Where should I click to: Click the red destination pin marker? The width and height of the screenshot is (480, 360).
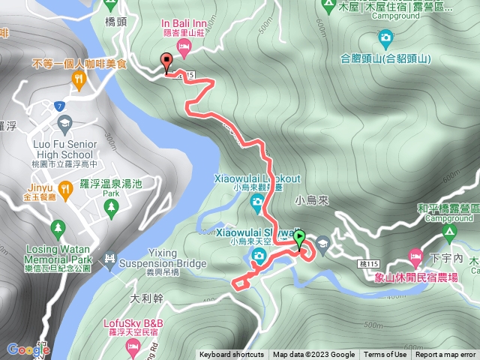pyautogui.click(x=166, y=61)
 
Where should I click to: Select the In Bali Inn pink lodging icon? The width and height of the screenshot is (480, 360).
pyautogui.click(x=184, y=47)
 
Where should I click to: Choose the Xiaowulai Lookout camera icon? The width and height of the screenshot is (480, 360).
pyautogui.click(x=257, y=201)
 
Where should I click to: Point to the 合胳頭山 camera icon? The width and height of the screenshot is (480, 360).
pyautogui.click(x=385, y=36)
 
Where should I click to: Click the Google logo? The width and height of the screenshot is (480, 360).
pyautogui.click(x=28, y=349)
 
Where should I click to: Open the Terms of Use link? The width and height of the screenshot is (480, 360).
pyautogui.click(x=386, y=355)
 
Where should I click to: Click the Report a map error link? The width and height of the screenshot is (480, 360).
pyautogui.click(x=445, y=355)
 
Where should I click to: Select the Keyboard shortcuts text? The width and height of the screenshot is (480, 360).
pyautogui.click(x=232, y=355)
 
